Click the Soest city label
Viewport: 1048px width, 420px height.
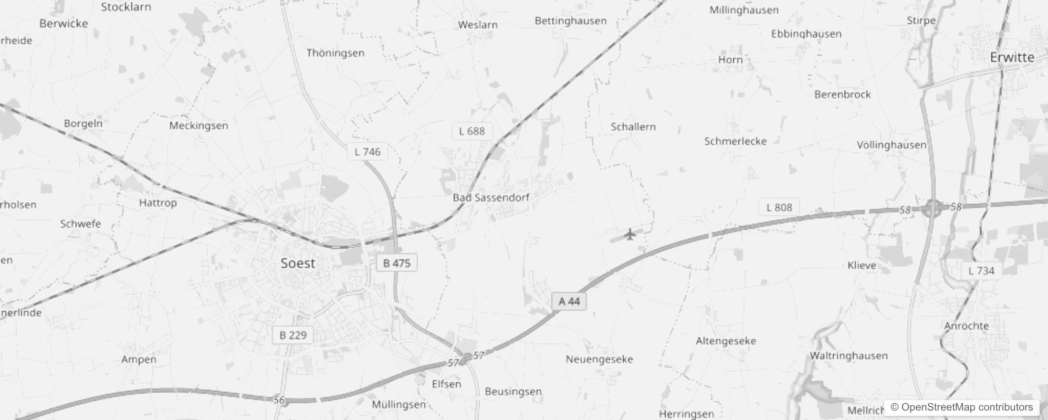[x=298, y=263]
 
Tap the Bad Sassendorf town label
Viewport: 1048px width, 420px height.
[x=491, y=197]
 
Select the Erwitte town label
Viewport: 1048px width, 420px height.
[x=1012, y=57]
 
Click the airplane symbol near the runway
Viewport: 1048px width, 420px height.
[x=630, y=234]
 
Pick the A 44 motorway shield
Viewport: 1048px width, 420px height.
[x=569, y=301]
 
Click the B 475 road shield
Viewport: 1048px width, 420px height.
[x=396, y=263]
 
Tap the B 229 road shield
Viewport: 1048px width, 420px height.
[x=292, y=335]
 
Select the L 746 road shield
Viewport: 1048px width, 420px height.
[x=367, y=152]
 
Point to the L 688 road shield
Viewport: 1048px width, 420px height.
[x=471, y=131]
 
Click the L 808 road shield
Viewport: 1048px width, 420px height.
[x=779, y=207]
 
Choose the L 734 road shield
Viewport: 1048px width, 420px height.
[x=981, y=271]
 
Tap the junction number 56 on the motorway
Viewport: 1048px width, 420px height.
[x=279, y=400]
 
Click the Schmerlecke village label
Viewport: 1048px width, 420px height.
[x=735, y=141]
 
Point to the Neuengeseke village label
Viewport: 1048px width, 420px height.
[x=599, y=360]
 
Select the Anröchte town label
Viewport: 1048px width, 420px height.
[x=966, y=325]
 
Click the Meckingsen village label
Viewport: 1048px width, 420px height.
[x=198, y=125]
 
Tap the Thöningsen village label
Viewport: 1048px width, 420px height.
[x=335, y=53]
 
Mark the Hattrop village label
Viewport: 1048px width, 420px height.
[x=158, y=203]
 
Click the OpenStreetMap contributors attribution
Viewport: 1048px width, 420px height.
[x=961, y=407]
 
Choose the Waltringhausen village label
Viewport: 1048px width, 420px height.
[x=848, y=355]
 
